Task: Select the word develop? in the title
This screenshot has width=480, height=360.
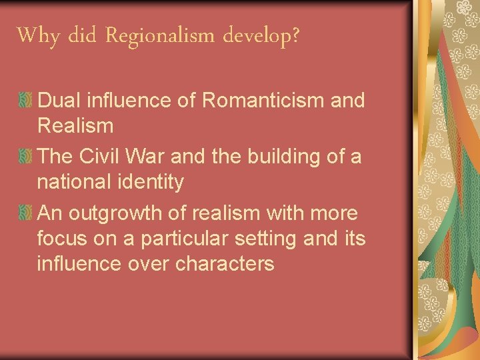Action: [261, 35]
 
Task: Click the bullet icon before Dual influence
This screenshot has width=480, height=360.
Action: [25, 101]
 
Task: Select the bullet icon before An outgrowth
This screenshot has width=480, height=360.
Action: [25, 214]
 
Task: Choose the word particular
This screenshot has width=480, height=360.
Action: [186, 238]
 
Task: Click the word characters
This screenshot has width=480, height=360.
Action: [225, 263]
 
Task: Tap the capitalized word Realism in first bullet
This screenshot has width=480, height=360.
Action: [75, 125]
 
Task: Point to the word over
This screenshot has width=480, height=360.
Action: [152, 263]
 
